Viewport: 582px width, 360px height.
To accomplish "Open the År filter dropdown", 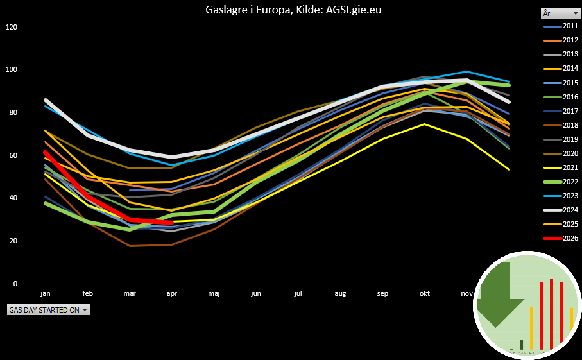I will click(x=560, y=13).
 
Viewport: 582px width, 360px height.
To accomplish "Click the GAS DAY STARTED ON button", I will click(x=48, y=310).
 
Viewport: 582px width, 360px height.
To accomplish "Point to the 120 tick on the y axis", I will click(x=12, y=27).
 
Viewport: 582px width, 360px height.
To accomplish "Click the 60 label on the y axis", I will click(x=13, y=155).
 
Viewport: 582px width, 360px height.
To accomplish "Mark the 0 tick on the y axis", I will click(x=15, y=284).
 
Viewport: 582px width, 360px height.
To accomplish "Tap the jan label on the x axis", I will click(x=46, y=294).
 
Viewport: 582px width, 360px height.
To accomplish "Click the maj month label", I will click(x=214, y=294).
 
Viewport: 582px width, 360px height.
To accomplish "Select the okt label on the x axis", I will click(x=425, y=294).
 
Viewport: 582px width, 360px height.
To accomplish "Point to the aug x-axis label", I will click(x=341, y=294).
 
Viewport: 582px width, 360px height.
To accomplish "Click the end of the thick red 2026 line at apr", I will click(x=172, y=223).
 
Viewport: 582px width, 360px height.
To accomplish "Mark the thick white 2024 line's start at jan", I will click(x=46, y=100).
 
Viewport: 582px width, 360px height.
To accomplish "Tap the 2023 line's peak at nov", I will click(x=467, y=72).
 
